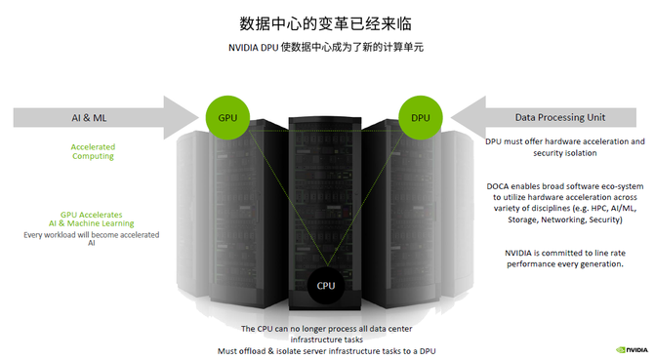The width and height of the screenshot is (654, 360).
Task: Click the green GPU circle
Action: click(x=227, y=117)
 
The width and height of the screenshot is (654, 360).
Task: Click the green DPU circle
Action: click(x=421, y=117)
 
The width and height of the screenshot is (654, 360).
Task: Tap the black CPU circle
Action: click(x=326, y=286)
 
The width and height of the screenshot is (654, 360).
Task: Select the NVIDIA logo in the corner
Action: click(x=632, y=350)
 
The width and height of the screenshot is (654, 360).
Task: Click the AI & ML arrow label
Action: click(x=89, y=118)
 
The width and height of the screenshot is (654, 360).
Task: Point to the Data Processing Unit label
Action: click(x=560, y=117)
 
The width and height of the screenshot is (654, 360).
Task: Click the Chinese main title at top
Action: click(x=326, y=23)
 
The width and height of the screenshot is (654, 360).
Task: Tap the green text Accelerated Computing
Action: click(x=93, y=151)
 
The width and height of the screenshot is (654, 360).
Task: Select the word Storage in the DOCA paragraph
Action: click(x=522, y=220)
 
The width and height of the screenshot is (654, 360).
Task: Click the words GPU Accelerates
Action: click(x=92, y=215)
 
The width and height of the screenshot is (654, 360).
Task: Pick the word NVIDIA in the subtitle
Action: click(x=243, y=48)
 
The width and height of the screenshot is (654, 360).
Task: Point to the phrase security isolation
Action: click(x=565, y=153)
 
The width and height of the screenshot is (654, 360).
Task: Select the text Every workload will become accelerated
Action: click(x=92, y=235)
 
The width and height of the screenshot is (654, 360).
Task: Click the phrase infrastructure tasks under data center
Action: click(x=327, y=340)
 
